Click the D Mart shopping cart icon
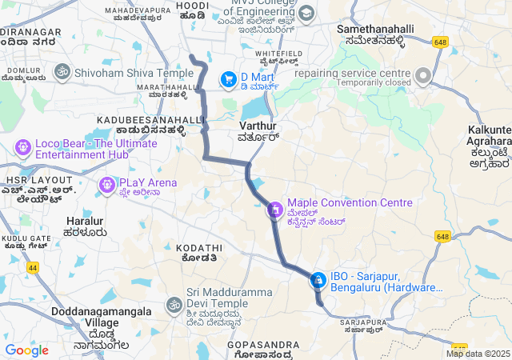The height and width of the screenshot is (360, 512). [229, 78]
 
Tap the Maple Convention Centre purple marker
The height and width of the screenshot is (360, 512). [275, 210]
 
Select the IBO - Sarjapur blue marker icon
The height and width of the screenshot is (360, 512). [318, 279]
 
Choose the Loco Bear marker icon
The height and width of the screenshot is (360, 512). [22, 148]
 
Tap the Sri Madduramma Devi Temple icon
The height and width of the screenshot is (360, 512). [174, 305]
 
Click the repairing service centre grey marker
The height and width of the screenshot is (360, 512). [422, 76]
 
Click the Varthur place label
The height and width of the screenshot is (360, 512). [258, 126]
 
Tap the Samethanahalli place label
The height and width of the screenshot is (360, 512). [375, 29]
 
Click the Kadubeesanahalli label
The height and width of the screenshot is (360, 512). [151, 119]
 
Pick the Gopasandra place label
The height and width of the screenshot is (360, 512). [263, 345]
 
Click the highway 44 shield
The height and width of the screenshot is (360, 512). [32, 268]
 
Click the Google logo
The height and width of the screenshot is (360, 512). [26, 350]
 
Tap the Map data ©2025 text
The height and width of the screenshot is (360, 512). [478, 354]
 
